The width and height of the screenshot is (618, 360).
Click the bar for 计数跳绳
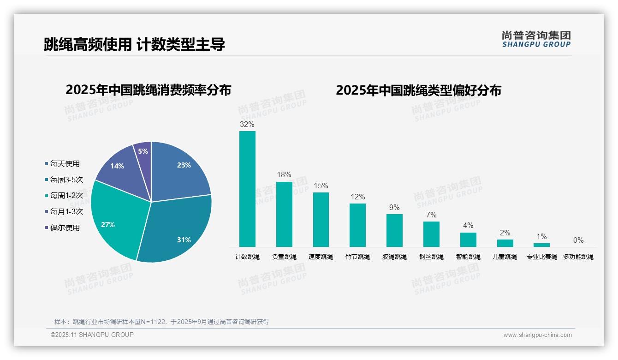(x=247, y=189)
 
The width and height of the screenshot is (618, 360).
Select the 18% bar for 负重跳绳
(x=284, y=215)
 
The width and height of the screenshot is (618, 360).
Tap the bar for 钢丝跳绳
(x=431, y=234)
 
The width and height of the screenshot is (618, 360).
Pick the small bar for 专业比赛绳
(x=542, y=245)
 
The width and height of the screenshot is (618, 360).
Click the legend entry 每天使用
(x=65, y=163)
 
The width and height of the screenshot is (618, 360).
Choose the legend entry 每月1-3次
(x=66, y=211)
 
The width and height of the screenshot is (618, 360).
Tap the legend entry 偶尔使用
(x=65, y=228)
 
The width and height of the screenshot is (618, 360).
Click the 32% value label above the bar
(x=247, y=124)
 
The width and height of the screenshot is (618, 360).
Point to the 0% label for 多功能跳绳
(x=578, y=240)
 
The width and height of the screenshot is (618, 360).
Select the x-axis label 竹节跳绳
(x=357, y=257)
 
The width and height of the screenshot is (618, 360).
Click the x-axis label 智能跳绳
(x=468, y=257)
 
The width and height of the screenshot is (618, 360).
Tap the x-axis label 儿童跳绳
(x=505, y=257)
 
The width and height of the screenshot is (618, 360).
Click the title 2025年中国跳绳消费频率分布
(x=148, y=90)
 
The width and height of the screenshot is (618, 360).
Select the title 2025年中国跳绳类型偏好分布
(x=418, y=90)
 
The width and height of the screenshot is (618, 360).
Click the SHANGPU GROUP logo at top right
(x=536, y=39)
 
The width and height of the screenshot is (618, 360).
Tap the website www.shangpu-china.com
(x=537, y=335)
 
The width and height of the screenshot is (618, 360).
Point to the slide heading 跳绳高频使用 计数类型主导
(x=134, y=45)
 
